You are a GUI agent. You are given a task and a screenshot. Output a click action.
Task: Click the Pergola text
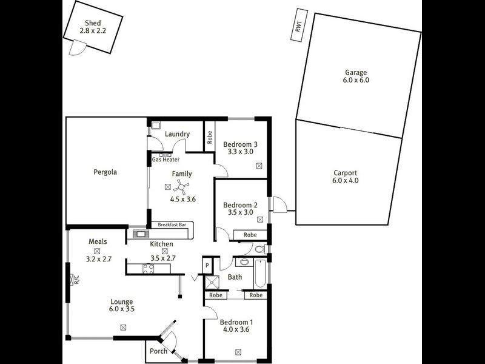[105, 172]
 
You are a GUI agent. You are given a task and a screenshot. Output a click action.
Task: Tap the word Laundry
[177, 134]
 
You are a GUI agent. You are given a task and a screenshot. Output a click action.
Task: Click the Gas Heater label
[166, 160]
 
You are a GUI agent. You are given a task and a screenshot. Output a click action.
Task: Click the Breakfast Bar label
[172, 224]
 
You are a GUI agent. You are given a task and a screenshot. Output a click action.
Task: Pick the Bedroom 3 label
[240, 144]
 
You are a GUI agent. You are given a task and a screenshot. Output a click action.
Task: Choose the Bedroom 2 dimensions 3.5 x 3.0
[240, 213]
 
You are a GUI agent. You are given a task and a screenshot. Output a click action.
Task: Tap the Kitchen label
[162, 244]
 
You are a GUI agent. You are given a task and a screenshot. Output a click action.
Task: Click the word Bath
[235, 277]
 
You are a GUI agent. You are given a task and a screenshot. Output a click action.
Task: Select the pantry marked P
[207, 266]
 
